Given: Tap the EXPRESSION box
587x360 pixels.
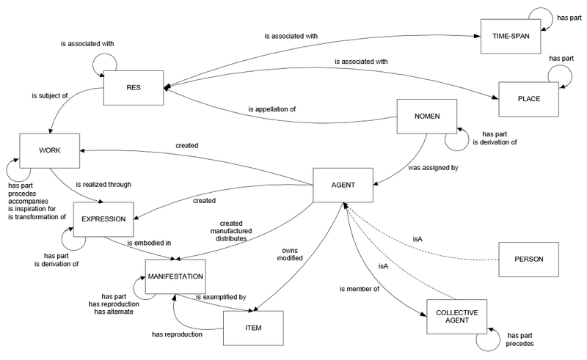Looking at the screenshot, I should coord(103,218).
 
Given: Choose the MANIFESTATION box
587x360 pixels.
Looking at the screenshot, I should coord(175,276).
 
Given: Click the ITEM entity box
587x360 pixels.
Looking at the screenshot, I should coord(253,326).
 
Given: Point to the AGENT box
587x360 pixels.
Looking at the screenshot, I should coord(343,185).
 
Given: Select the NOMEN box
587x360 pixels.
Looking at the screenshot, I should coord(426,116).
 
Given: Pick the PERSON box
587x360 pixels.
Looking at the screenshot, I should coord(528,260).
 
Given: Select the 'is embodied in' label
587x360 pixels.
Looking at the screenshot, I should coord(150,242).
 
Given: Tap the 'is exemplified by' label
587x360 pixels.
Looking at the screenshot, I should coord(221,297).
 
